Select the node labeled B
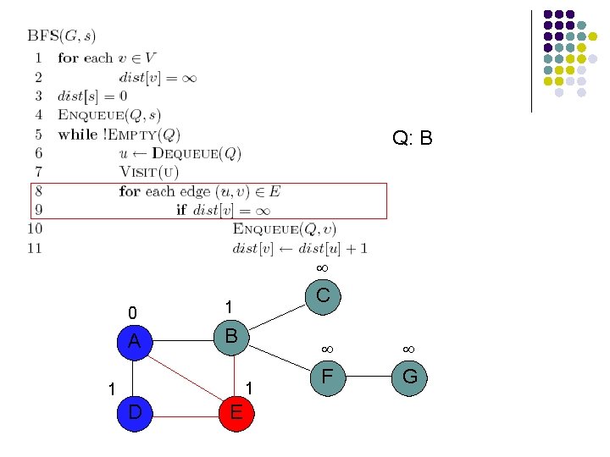click(231, 335)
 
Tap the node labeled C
click(323, 295)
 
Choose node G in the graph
click(409, 375)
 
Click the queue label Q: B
click(413, 138)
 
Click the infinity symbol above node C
click(322, 267)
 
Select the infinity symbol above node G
click(408, 348)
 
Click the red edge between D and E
click(185, 415)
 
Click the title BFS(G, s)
click(62, 36)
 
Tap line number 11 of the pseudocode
click(35, 248)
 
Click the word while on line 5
click(77, 135)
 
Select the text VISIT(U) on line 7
click(149, 172)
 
